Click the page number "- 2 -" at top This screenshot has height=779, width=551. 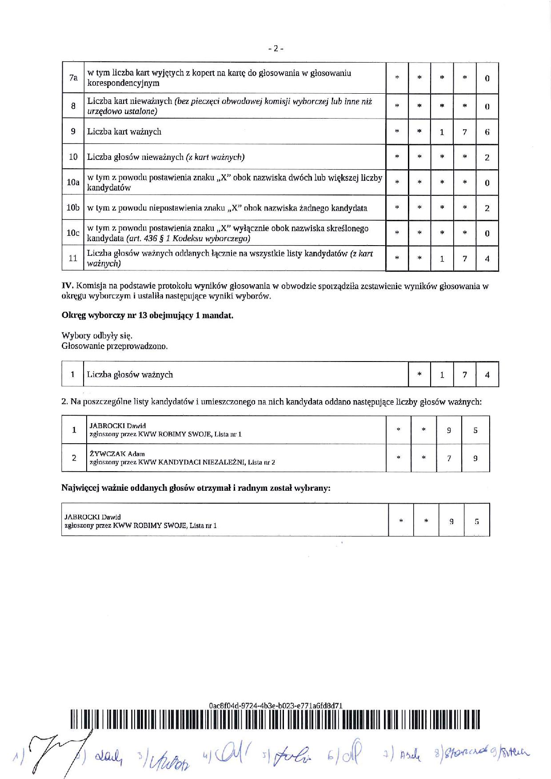(275, 48)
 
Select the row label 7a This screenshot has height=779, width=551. (73, 78)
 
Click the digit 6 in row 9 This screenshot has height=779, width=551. (487, 132)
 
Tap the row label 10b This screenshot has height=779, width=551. (73, 208)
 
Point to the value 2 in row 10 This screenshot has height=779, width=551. (487, 157)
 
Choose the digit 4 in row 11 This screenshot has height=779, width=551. (487, 258)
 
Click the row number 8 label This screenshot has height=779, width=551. (73, 106)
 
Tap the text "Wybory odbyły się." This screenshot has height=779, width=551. (97, 336)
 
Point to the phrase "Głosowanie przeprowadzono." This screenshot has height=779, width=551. (115, 346)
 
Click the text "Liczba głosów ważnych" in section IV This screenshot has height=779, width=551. (130, 374)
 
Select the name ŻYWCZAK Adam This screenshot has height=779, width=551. (117, 454)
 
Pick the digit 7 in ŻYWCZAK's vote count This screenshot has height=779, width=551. (449, 458)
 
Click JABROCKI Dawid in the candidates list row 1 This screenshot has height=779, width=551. (118, 425)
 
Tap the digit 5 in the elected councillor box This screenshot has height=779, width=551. (477, 522)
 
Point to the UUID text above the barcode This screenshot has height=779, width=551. (275, 706)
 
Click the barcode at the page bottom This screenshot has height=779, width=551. (275, 719)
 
